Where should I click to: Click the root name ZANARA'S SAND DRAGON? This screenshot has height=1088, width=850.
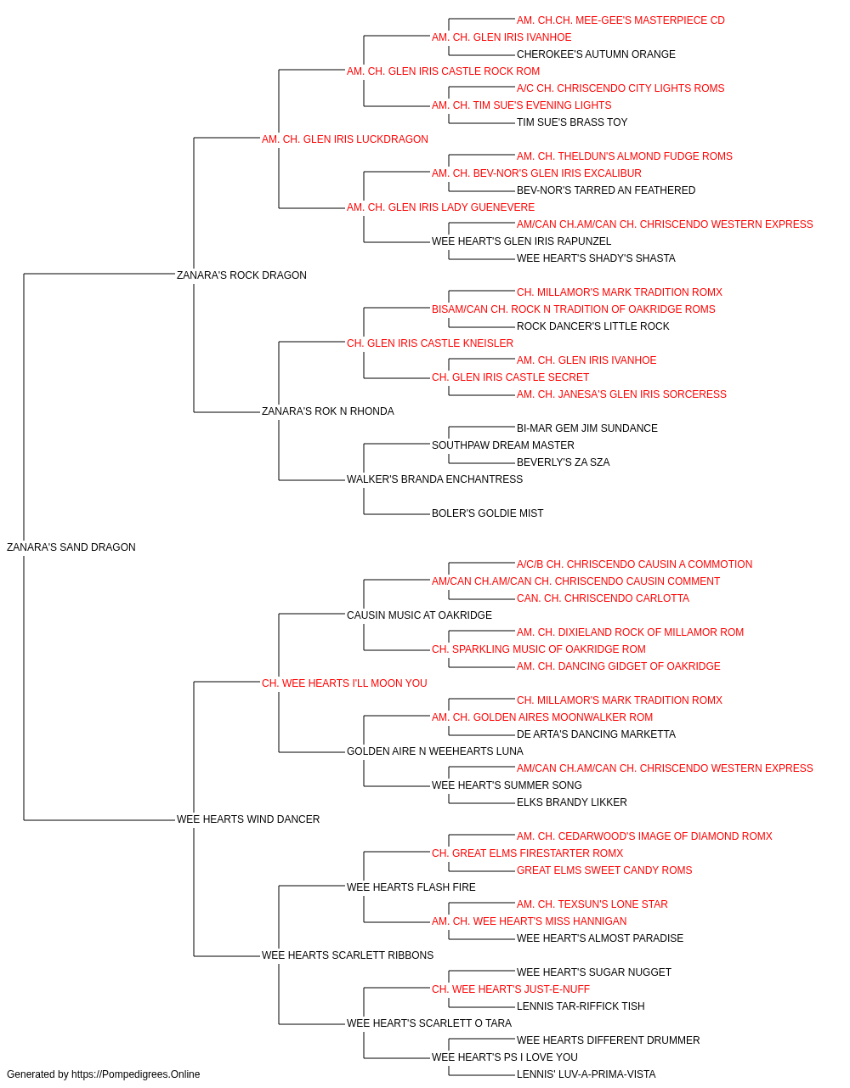pyautogui.click(x=71, y=547)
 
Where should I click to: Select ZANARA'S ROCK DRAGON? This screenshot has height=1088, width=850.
pyautogui.click(x=241, y=275)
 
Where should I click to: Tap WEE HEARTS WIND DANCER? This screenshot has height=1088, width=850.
pyautogui.click(x=248, y=819)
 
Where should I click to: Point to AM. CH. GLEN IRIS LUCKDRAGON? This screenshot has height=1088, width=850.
pyautogui.click(x=344, y=139)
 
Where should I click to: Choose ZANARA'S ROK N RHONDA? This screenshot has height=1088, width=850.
pyautogui.click(x=327, y=411)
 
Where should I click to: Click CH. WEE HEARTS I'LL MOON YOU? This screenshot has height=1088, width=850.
pyautogui.click(x=344, y=683)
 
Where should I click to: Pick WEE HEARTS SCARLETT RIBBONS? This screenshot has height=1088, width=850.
pyautogui.click(x=348, y=955)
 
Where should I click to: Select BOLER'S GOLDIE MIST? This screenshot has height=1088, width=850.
pyautogui.click(x=487, y=513)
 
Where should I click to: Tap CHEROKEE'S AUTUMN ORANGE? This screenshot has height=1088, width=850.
pyautogui.click(x=596, y=54)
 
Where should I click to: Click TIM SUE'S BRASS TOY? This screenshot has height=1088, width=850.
pyautogui.click(x=572, y=122)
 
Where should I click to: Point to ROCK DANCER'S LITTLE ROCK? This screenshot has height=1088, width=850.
pyautogui.click(x=592, y=326)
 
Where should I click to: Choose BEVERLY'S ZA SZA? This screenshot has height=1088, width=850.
pyautogui.click(x=564, y=462)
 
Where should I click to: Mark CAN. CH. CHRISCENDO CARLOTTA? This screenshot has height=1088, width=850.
pyautogui.click(x=603, y=598)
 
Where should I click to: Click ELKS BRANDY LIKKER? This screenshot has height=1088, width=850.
pyautogui.click(x=572, y=802)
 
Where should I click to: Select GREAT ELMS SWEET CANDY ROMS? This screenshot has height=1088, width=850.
pyautogui.click(x=604, y=870)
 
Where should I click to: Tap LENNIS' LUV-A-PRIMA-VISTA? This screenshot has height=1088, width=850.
pyautogui.click(x=586, y=1074)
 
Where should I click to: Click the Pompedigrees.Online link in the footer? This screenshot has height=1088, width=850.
pyautogui.click(x=136, y=1074)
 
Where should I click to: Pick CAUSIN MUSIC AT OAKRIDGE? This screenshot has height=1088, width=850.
pyautogui.click(x=419, y=615)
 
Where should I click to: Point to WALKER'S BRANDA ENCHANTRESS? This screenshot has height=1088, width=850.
pyautogui.click(x=434, y=479)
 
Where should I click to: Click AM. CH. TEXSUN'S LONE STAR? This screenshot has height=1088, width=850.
pyautogui.click(x=592, y=904)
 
